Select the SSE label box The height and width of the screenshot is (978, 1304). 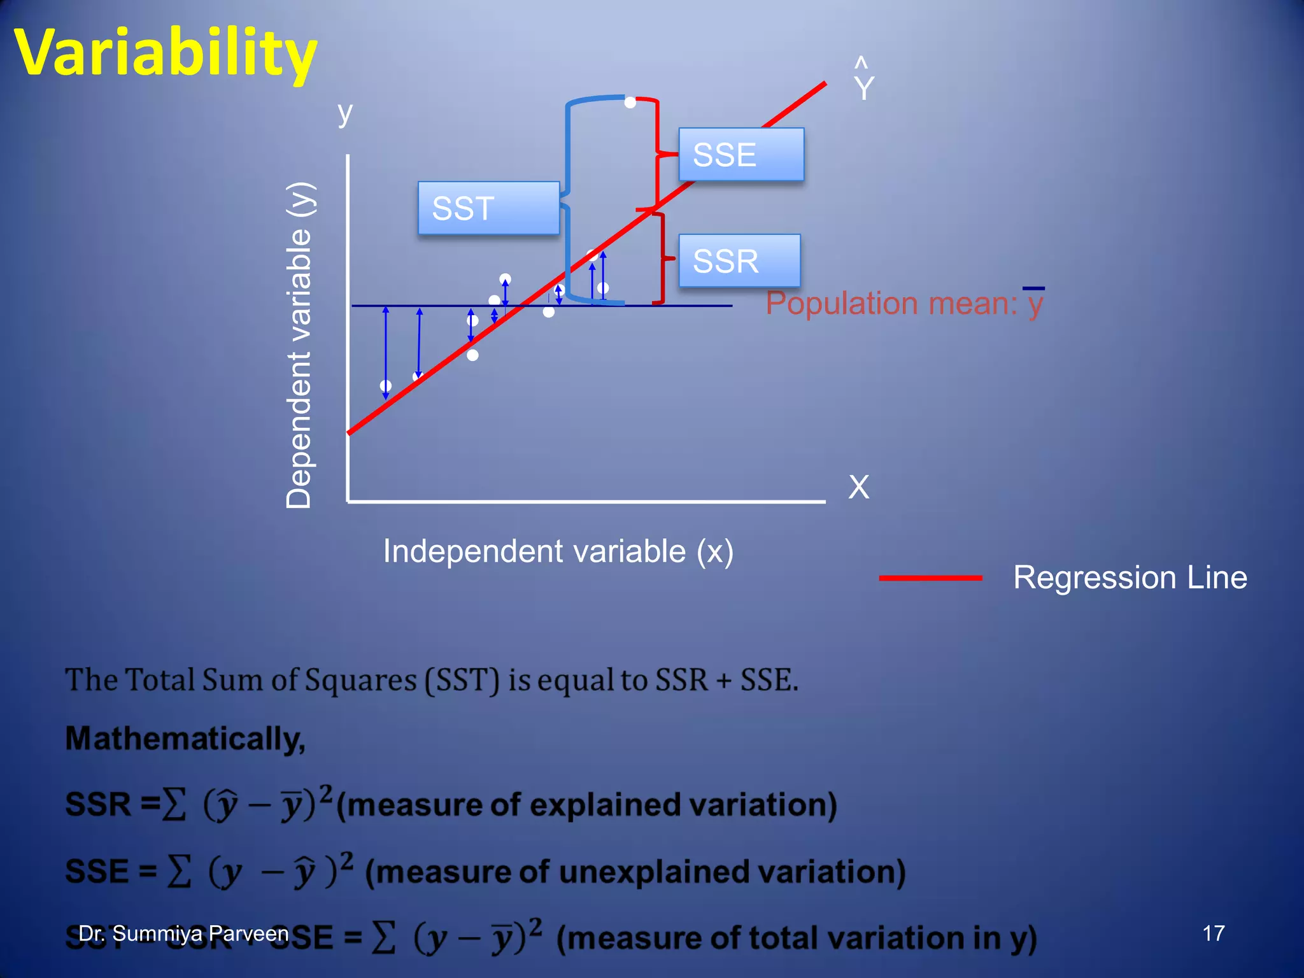coord(741,155)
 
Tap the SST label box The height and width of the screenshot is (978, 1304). coord(488,208)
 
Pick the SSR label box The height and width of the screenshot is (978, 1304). coord(739,261)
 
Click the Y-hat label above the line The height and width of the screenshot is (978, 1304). coord(863,81)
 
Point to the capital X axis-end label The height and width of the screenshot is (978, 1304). coord(858,487)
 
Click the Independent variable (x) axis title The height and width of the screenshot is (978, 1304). coord(558,551)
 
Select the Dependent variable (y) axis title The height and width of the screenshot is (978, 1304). coord(299,344)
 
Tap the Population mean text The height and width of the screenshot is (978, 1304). coord(904,303)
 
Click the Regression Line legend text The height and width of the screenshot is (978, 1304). coord(1130,578)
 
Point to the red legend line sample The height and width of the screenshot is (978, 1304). coord(930,578)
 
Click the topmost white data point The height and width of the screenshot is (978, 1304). coord(630,103)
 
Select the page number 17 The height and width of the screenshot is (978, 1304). coord(1213,933)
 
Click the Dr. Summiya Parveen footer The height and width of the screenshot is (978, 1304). coord(183,933)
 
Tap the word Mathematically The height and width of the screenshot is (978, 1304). coord(185,739)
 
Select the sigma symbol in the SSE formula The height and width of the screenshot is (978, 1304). coord(179,872)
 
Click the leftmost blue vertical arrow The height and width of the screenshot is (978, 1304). coord(385,352)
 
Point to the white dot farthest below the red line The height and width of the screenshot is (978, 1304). coord(472,355)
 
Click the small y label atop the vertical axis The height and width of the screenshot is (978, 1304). coord(344,115)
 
